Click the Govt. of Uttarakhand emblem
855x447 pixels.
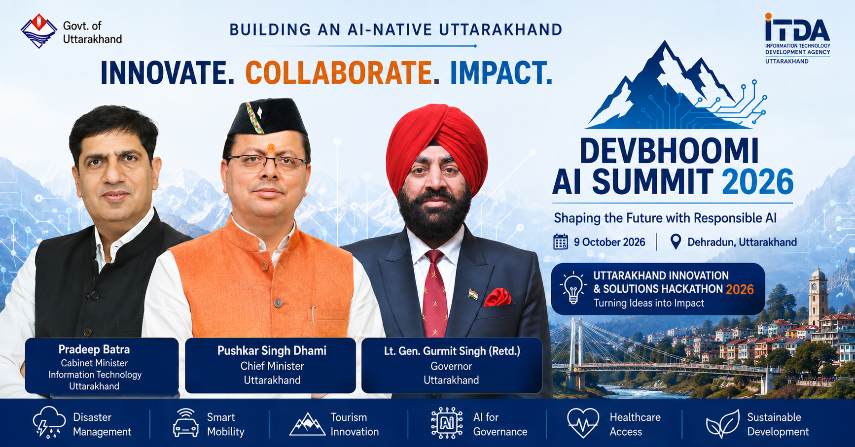coord(39,31)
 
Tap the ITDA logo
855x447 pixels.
coord(797,38)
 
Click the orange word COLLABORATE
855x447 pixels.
coord(339,72)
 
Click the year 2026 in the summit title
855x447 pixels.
coord(758,182)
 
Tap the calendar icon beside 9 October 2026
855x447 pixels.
coord(561,242)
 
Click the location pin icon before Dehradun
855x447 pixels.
coord(676,242)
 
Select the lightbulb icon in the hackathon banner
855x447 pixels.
coord(573,288)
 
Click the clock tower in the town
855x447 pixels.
coord(818,296)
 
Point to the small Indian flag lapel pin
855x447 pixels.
coord(473,295)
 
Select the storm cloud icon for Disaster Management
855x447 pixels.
coord(49,423)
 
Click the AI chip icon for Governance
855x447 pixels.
coord(447,423)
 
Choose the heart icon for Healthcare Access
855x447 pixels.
coord(583,423)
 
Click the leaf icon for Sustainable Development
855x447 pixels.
coord(723,423)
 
